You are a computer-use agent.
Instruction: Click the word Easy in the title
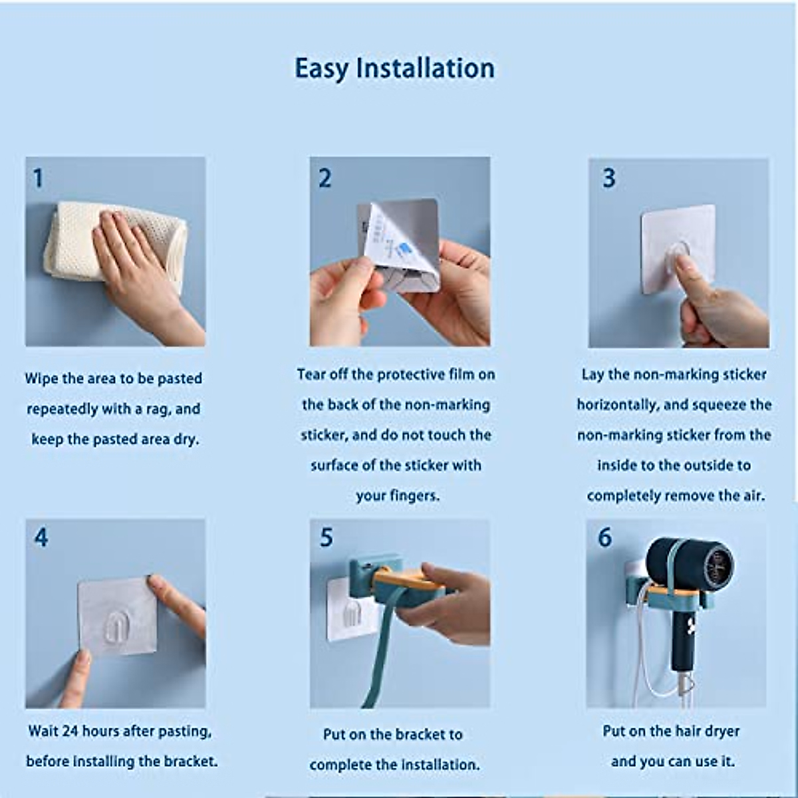coord(321,68)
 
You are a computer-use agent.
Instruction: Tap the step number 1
coord(38,178)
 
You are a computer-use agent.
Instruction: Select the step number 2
coord(325,178)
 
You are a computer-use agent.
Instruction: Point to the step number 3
coord(608,178)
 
